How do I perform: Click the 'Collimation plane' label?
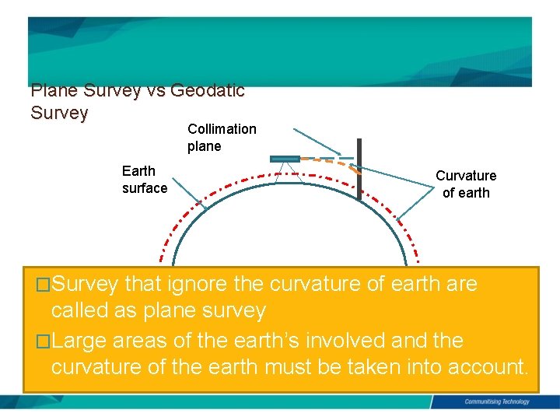pyautogui.click(x=221, y=138)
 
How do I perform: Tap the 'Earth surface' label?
pyautogui.click(x=144, y=179)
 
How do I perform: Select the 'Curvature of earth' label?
pyautogui.click(x=465, y=184)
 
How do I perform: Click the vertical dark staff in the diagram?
pyautogui.click(x=359, y=170)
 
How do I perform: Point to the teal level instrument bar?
pyautogui.click(x=285, y=159)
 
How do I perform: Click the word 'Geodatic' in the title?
pyautogui.click(x=207, y=90)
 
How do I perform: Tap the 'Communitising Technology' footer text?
pyautogui.click(x=496, y=402)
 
